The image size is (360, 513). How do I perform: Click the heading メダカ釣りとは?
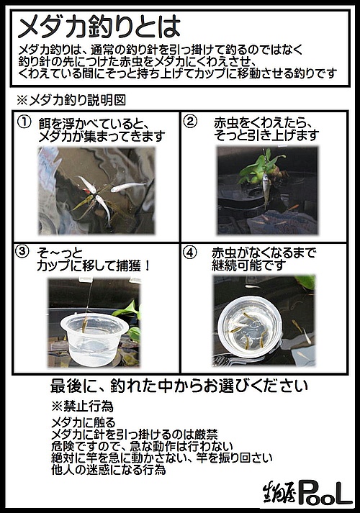(99, 27)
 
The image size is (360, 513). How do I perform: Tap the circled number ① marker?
(24, 122)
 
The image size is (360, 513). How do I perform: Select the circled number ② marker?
(191, 122)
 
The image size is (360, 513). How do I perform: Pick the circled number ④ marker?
(191, 253)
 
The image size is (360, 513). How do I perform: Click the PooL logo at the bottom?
(308, 492)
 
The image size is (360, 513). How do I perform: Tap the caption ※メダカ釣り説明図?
(71, 100)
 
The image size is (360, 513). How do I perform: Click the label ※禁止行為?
(83, 406)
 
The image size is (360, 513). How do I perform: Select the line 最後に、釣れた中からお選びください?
(179, 386)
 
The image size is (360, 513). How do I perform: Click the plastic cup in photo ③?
(94, 339)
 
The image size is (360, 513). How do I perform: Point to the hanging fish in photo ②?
(266, 191)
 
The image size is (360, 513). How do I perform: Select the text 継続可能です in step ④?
(249, 265)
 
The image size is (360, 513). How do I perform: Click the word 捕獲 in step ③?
(129, 265)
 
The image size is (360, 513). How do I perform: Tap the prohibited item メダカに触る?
(84, 422)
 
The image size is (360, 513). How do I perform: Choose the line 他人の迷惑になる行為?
(108, 470)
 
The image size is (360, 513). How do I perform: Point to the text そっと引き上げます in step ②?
(266, 135)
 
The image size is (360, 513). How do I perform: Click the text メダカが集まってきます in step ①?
(102, 136)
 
